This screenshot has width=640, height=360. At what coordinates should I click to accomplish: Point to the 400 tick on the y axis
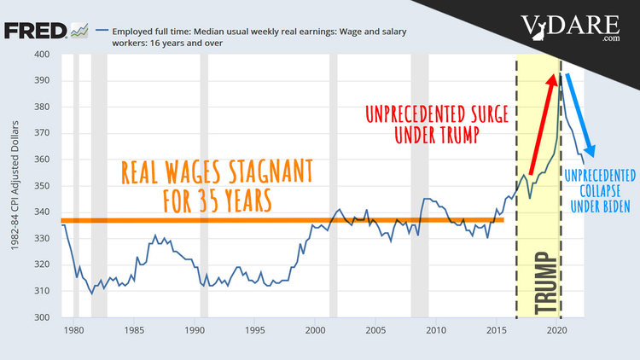coord(41,55)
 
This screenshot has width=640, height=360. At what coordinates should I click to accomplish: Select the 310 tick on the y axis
coord(41,291)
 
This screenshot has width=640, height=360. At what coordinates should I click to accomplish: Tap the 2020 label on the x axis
coord(557,329)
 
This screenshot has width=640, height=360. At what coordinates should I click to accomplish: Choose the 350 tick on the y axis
coord(41,186)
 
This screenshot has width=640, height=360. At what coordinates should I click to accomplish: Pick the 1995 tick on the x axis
coord(254,329)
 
